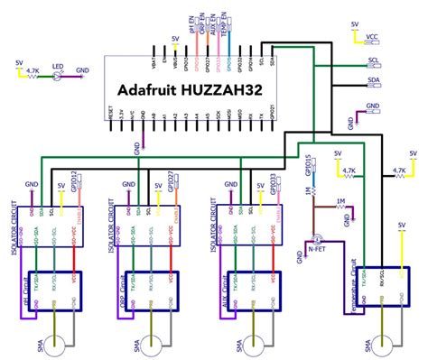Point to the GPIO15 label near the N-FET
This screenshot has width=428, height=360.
(x=309, y=164)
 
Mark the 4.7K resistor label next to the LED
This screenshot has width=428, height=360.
(x=32, y=69)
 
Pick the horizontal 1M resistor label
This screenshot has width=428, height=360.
(x=340, y=200)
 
